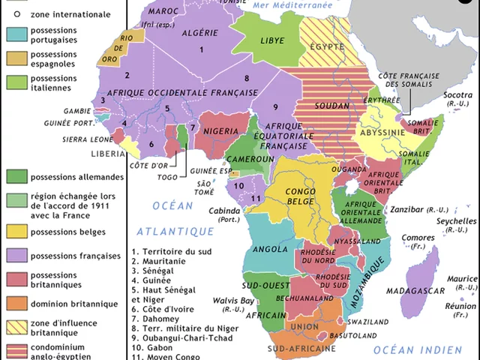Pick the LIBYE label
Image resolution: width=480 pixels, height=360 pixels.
(x=272, y=40)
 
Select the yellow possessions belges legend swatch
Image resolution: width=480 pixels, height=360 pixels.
(x=16, y=232)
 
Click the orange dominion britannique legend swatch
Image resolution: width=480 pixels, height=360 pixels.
(x=16, y=304)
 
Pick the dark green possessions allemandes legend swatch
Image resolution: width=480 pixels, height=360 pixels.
(x=16, y=177)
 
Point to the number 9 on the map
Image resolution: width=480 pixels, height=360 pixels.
(x=275, y=106)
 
